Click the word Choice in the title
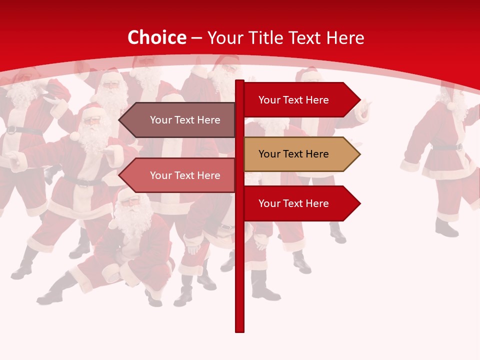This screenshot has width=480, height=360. point(156,38)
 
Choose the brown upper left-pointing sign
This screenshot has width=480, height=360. point(180,120)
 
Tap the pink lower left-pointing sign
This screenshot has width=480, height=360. point(180,175)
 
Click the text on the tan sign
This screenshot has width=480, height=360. point(293,154)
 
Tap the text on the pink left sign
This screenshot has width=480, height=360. point(185,175)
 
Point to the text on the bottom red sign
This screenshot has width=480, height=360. point(293,203)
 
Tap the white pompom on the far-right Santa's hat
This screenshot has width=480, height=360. point(450,106)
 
